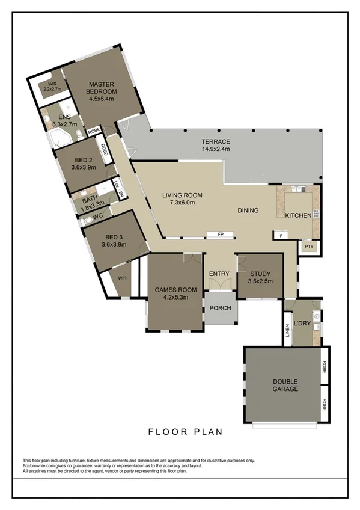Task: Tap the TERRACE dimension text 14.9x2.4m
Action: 215,149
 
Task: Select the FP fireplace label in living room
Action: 220,233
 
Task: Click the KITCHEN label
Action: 298,215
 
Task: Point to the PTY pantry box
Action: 309,247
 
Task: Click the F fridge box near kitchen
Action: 281,235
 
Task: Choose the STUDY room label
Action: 260,273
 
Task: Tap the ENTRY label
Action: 219,274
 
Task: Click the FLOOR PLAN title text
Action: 185,431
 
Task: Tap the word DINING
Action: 248,210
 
